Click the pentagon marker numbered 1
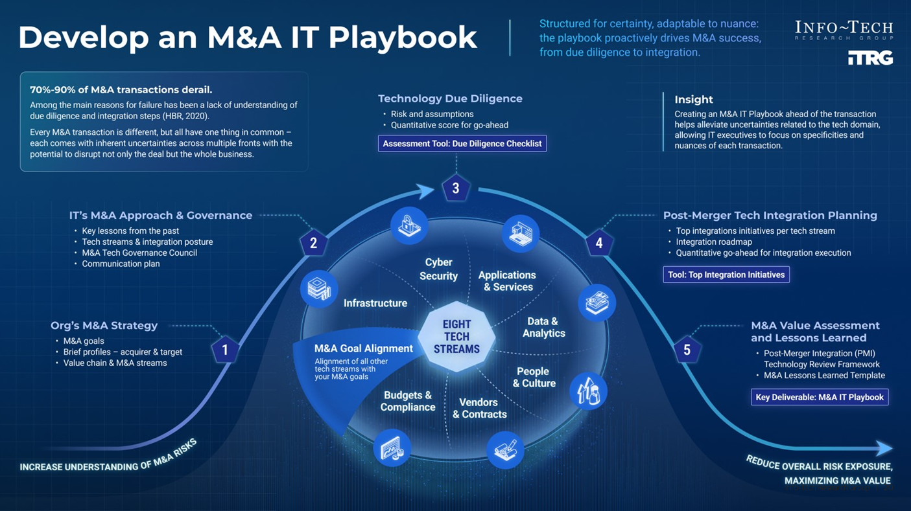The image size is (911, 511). (x=225, y=350)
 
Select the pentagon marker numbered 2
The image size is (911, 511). (x=314, y=244)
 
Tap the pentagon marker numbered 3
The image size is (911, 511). (x=456, y=188)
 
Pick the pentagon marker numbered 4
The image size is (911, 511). (x=598, y=244)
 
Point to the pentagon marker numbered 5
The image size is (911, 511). (x=687, y=350)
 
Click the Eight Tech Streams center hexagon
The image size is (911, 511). (x=456, y=336)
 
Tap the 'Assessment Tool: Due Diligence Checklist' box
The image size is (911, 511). (x=462, y=143)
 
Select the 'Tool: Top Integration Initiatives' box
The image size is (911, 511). (x=726, y=275)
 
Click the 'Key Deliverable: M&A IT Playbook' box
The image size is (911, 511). (x=820, y=397)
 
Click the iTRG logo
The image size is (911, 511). (x=870, y=58)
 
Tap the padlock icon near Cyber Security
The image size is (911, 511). (x=409, y=225)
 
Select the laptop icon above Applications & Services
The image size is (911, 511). (x=520, y=233)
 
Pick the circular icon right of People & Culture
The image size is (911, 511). (x=588, y=391)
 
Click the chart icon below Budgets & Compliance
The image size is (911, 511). (x=392, y=448)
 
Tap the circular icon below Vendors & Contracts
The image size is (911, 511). (x=505, y=449)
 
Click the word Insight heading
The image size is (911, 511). (x=694, y=100)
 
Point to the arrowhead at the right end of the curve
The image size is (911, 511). (x=884, y=448)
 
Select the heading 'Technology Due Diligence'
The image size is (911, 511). (x=450, y=98)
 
